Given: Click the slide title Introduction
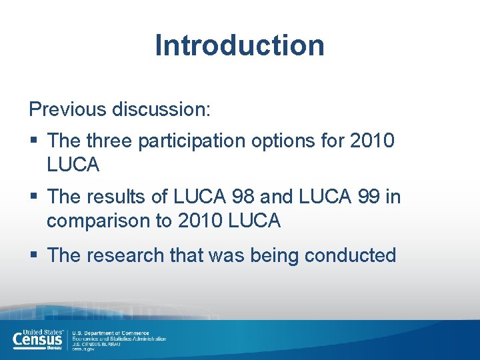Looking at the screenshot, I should tap(239, 45).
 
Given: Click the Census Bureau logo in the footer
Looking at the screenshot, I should tap(39, 339).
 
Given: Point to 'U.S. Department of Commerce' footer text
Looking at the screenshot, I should tap(111, 333).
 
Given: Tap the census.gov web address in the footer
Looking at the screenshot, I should tap(84, 349).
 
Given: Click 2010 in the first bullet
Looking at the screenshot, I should tap(372, 141).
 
